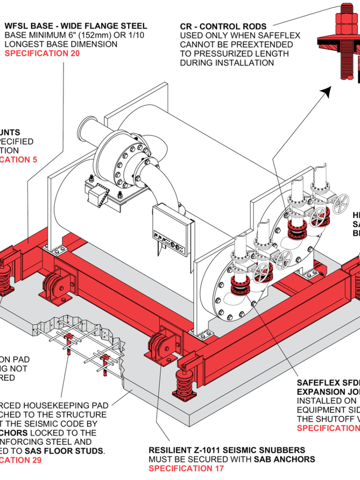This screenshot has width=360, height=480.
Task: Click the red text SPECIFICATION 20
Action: click(42, 53)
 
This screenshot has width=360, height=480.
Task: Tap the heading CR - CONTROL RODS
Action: click(223, 27)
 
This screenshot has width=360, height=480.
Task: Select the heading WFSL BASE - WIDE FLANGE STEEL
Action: click(75, 26)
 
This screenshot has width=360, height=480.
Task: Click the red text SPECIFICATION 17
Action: click(186, 468)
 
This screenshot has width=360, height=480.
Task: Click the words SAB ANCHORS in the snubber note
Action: click(284, 459)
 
